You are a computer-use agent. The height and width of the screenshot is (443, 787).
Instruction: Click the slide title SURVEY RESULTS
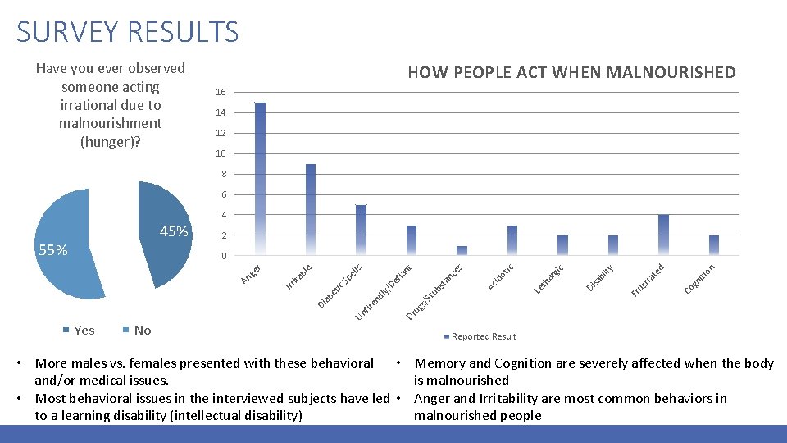128,32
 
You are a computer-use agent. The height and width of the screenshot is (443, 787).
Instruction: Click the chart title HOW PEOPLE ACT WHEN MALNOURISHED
571,73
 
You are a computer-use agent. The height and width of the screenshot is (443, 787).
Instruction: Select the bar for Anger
260,179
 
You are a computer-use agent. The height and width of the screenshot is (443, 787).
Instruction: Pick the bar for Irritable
311,210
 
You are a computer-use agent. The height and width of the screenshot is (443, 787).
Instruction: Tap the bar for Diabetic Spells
361,231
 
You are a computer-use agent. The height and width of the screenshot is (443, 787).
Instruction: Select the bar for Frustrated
664,236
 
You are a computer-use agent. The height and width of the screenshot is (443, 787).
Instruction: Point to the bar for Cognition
714,246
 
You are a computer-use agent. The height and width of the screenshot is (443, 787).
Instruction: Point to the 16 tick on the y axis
219,92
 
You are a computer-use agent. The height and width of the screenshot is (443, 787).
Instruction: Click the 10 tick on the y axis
219,154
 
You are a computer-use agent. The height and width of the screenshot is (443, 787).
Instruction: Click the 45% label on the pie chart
174,232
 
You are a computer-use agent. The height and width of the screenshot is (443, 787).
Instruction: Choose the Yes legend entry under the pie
79,331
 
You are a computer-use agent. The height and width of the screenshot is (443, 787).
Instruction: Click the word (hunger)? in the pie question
110,141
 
